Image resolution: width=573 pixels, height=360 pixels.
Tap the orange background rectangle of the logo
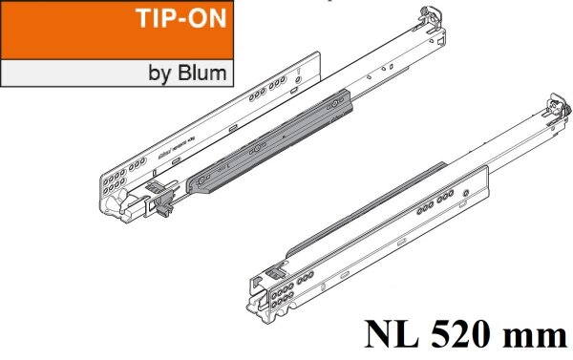tap(57, 29)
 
